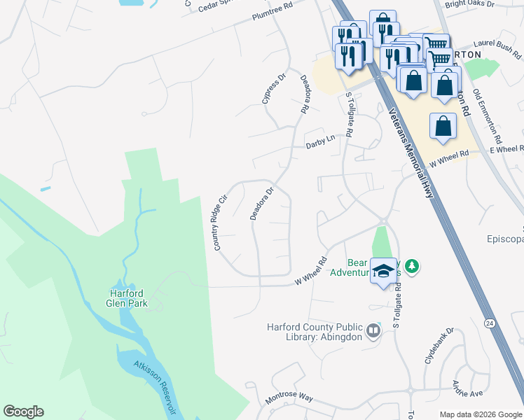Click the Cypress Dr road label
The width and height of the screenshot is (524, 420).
coord(274,89)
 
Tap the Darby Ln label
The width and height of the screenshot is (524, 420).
coord(320,142)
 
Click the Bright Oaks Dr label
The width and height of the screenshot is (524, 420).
coord(469,4)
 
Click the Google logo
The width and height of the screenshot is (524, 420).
coord(23,412)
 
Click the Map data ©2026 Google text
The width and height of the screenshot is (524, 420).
coord(481,414)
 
